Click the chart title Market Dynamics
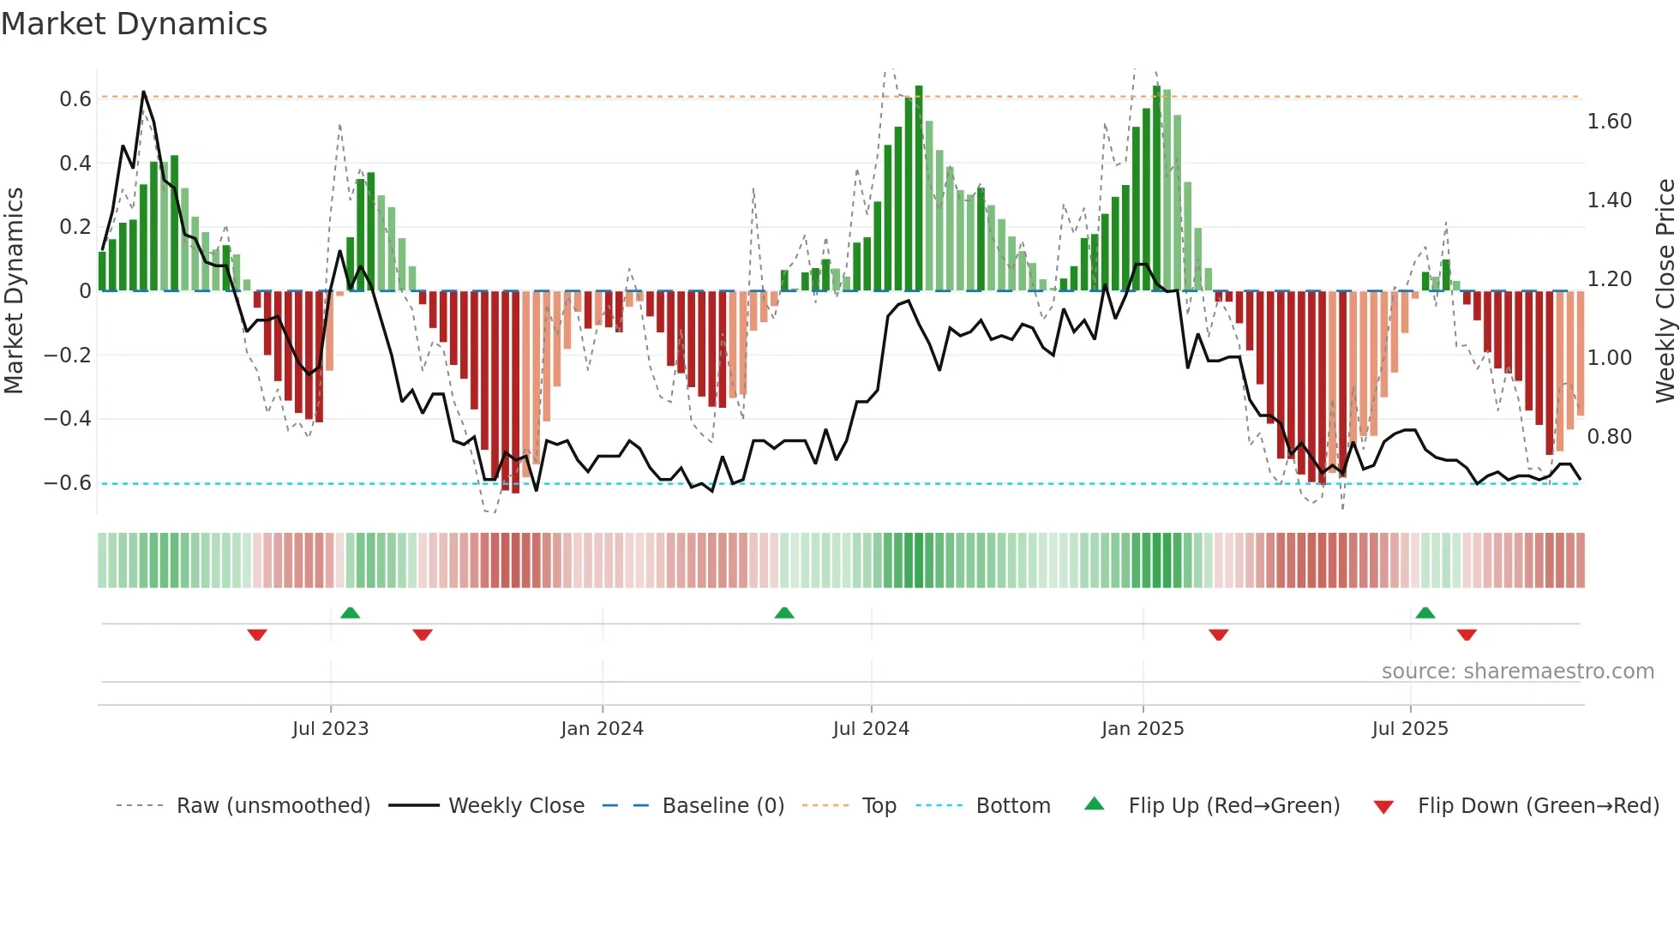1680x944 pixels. click(x=134, y=24)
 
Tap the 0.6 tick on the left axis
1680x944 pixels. click(x=75, y=99)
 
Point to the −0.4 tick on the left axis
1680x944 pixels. click(x=68, y=419)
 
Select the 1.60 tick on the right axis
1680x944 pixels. click(x=1609, y=122)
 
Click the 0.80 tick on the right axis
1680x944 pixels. click(x=1609, y=437)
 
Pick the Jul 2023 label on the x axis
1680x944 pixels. click(x=330, y=729)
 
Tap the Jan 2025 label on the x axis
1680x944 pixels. click(x=1142, y=729)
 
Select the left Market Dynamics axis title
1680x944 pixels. click(x=14, y=291)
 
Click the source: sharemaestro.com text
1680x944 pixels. click(x=1517, y=672)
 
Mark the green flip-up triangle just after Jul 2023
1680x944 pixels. click(x=350, y=612)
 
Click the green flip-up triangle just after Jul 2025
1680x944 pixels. click(x=1425, y=612)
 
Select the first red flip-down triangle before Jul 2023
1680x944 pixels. click(x=257, y=635)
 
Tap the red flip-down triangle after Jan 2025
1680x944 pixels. click(x=1218, y=635)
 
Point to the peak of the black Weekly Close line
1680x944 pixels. click(x=143, y=92)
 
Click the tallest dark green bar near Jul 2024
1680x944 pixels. click(x=919, y=188)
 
